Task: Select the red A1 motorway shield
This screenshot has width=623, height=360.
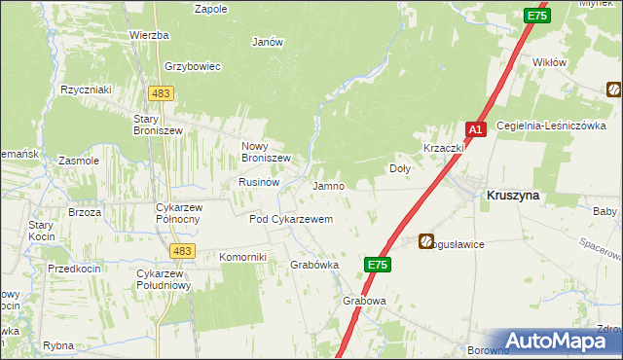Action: [476, 129]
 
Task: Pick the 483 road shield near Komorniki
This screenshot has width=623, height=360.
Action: [180, 251]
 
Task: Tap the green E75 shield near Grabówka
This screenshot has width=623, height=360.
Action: [380, 264]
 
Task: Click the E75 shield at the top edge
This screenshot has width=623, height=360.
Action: [536, 17]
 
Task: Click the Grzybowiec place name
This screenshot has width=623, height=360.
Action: [194, 66]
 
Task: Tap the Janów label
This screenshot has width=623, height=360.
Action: [267, 42]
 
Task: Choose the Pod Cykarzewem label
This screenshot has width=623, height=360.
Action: [291, 220]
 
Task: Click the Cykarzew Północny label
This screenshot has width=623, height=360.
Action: [178, 213]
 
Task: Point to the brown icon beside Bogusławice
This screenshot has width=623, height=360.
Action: [427, 240]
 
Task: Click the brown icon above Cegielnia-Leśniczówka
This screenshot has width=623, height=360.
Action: [614, 90]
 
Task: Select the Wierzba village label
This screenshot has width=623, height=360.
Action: [149, 35]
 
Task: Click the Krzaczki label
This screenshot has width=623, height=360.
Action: [441, 148]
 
